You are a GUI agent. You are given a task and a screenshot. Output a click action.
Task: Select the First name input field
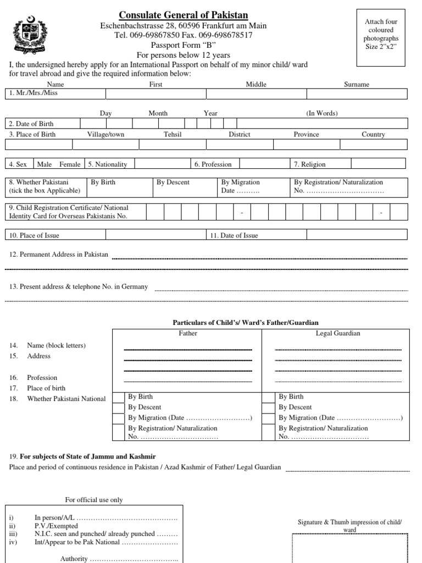[x=156, y=94]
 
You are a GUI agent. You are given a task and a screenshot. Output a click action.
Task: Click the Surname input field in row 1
[x=356, y=94]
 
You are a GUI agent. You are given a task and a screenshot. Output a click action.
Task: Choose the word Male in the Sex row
[x=45, y=164]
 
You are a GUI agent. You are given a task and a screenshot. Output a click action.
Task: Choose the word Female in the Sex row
[x=70, y=164]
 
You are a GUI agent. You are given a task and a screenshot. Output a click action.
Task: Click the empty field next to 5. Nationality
[x=162, y=164]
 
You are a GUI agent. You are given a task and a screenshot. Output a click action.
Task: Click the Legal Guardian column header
[x=337, y=333]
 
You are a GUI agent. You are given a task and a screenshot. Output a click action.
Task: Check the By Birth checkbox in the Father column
[x=118, y=398]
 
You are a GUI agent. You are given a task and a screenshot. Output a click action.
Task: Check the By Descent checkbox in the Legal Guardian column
[x=269, y=408]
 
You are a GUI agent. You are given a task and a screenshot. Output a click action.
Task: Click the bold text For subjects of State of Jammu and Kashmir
[x=88, y=456]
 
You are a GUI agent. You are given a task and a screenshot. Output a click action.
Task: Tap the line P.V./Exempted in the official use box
[x=56, y=526]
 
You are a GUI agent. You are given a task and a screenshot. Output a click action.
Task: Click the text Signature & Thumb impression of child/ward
[x=349, y=526]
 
